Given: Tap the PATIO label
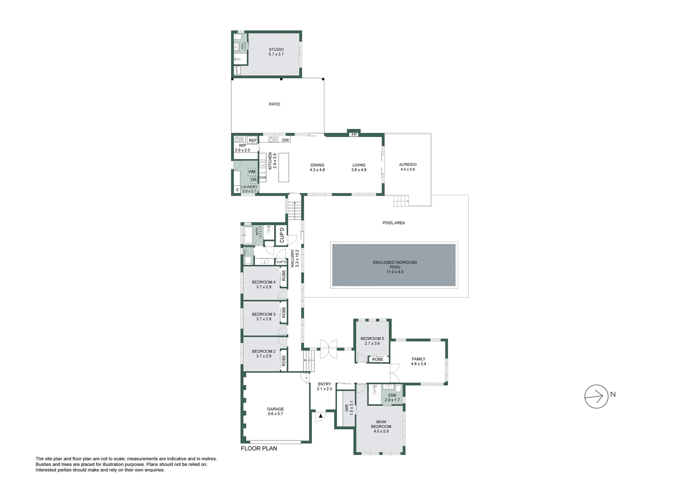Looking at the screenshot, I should tap(274, 104).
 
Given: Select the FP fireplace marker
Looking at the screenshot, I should tap(354, 134).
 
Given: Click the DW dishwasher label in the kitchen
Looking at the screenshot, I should tap(285, 140).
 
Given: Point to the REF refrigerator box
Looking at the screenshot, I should tap(252, 140).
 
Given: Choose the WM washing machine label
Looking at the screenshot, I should tap(252, 172).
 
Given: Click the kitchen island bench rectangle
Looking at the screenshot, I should tap(284, 167).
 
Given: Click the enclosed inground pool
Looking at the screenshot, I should tap(394, 265).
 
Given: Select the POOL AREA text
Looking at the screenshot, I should tap(394, 223).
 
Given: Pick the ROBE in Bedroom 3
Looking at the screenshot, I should tap(284, 312).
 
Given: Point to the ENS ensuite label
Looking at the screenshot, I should tap(392, 395).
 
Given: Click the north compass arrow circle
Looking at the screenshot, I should tap(596, 396).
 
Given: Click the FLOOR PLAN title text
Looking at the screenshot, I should tap(259, 448).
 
